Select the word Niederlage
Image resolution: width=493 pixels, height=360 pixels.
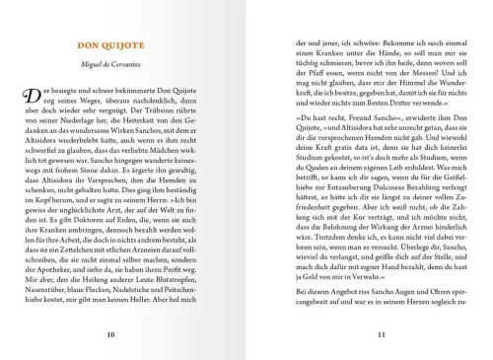(90, 128)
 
